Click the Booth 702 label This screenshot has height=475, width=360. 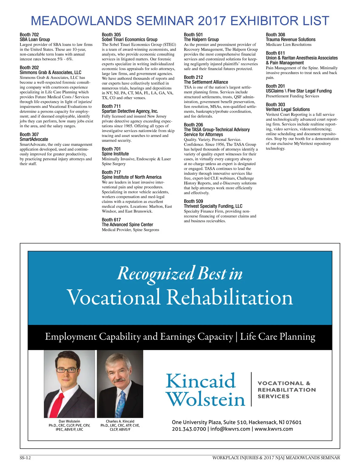point(29,35)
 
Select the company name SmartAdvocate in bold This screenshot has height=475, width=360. point(34,139)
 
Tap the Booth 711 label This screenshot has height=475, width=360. point(111,106)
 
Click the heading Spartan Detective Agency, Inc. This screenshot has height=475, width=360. point(130,111)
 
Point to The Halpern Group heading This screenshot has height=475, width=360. point(201,39)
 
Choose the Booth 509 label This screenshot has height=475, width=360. point(193,201)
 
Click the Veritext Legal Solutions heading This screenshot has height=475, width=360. point(287,109)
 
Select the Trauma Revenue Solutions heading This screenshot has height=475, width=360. point(290,39)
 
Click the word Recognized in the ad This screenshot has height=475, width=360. point(156,273)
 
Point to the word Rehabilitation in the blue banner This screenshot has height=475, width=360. point(229,297)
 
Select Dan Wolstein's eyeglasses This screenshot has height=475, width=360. point(67,370)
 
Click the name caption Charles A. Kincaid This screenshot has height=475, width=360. point(120,421)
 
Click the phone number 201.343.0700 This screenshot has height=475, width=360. point(189,429)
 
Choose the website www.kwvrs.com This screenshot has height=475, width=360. point(274,429)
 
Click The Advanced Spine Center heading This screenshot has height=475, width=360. point(127,225)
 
